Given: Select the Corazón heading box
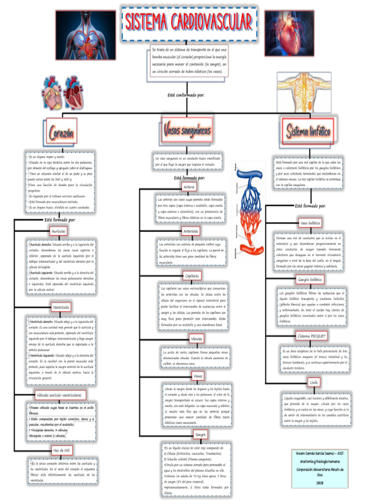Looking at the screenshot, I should coord(62,132).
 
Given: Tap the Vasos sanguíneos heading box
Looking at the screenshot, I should coord(187,130).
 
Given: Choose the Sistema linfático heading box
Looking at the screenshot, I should coord(309,130).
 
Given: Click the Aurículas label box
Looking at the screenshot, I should coord(59,231).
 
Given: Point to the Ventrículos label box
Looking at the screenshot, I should coord(62,308).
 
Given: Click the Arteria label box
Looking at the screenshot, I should coord(189,187).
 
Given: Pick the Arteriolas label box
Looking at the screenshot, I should coord(190,231).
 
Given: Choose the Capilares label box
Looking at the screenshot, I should coord(192,276).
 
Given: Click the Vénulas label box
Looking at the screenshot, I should coord(196,339).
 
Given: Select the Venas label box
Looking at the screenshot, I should coord(198,376).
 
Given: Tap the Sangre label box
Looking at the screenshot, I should coord(200,435).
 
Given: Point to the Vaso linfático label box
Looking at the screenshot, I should coord(310,223).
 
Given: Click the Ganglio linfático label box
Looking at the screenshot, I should coord(310,280).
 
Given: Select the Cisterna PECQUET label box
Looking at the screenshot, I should coord(312,336).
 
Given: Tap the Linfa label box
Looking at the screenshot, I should coord(314,382).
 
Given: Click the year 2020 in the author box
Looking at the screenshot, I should coord(319,483).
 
